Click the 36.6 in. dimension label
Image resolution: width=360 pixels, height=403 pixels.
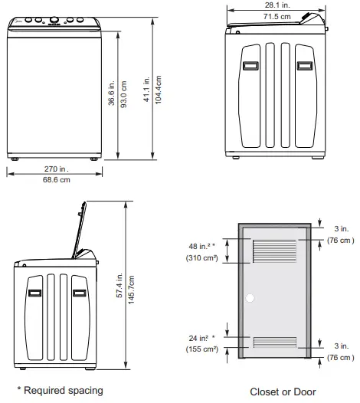(112, 91)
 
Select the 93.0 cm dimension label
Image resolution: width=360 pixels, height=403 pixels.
(123, 91)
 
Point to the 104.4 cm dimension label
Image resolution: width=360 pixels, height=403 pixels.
(159, 90)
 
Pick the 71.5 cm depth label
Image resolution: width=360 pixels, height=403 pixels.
(277, 16)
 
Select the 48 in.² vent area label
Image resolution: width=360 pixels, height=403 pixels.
(201, 247)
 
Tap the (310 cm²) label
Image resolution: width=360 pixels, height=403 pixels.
(202, 258)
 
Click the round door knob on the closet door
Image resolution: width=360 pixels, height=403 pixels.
(249, 297)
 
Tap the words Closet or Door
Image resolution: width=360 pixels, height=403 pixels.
(283, 392)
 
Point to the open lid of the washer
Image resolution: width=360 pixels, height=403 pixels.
(79, 228)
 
